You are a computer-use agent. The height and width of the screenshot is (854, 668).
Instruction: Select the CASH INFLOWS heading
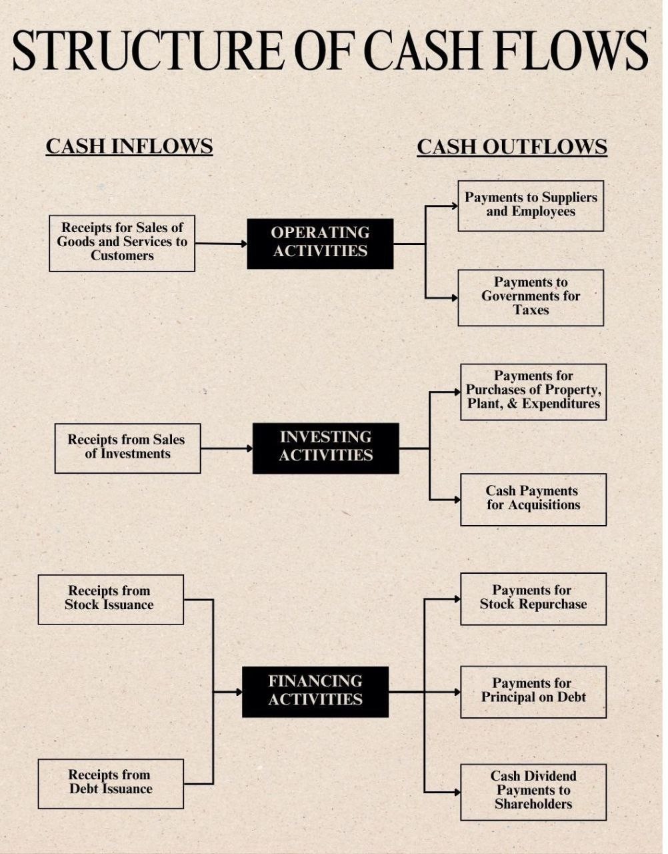(129, 146)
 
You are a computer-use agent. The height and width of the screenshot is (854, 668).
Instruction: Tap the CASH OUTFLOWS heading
(512, 147)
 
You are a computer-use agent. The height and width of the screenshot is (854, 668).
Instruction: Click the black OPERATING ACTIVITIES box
(320, 243)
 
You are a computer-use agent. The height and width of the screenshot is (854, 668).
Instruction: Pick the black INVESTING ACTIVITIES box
(325, 447)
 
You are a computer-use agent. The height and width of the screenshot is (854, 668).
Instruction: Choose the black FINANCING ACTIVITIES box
(315, 691)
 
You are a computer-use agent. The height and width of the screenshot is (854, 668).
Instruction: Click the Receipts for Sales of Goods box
(122, 243)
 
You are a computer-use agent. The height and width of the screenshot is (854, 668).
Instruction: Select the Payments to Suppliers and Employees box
(531, 205)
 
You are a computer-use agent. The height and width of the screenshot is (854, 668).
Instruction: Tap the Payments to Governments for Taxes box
(531, 298)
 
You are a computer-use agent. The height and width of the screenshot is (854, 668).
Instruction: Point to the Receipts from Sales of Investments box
(127, 448)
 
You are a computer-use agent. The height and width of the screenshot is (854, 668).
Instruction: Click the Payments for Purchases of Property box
(533, 392)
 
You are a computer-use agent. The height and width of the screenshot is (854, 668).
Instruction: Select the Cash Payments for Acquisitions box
(533, 499)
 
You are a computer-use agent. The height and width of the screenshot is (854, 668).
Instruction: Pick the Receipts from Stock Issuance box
(111, 599)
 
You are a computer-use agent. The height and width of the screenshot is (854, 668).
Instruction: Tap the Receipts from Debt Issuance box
(111, 783)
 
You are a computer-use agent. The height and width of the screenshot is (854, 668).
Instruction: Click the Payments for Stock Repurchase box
(533, 598)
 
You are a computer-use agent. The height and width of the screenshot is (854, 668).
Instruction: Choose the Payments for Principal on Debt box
(533, 691)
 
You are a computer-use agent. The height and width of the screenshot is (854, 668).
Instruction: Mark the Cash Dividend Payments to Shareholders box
(533, 791)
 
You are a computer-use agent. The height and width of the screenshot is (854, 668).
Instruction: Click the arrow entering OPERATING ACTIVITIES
(221, 244)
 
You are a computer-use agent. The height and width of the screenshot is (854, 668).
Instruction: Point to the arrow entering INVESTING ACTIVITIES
(227, 448)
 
